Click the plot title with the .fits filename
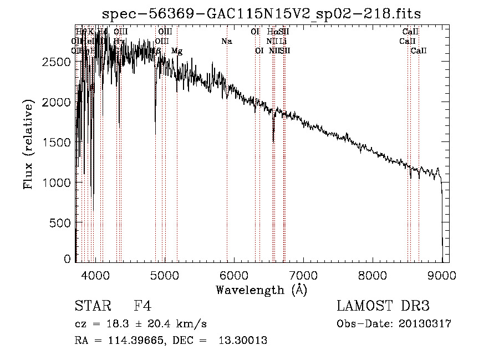tap(262, 14)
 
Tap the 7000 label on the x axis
tap(303, 275)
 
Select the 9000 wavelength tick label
tap(442, 275)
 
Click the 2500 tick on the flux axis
tap(56, 62)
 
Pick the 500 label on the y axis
tap(60, 222)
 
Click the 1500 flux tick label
tap(56, 143)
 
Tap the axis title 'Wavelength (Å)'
tap(261, 289)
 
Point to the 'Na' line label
tap(226, 42)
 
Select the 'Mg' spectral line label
tap(177, 51)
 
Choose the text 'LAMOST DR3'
tap(383, 306)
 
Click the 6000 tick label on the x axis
tap(234, 275)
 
